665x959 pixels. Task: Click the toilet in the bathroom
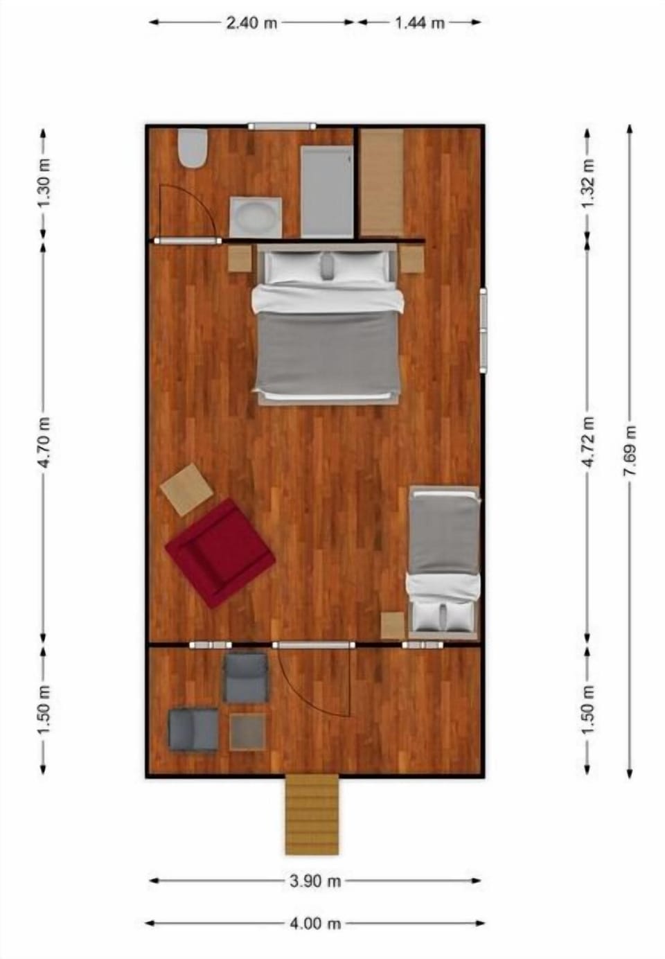tap(193, 148)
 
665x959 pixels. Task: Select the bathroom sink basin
tap(256, 217)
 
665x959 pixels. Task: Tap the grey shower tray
tap(327, 191)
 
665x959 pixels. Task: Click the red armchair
tap(220, 552)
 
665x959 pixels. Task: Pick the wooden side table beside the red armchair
tap(186, 489)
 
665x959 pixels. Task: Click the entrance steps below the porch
tap(312, 813)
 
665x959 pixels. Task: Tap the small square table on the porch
tap(247, 731)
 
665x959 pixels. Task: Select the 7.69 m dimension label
tap(630, 450)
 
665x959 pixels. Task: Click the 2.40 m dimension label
tap(251, 23)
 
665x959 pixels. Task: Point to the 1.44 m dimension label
tap(419, 23)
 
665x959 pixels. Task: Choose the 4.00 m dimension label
tap(314, 923)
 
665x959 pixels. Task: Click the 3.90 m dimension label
tap(314, 881)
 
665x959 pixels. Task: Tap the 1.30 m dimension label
tap(44, 183)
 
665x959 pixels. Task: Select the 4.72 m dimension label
tap(589, 441)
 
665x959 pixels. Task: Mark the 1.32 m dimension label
tap(589, 183)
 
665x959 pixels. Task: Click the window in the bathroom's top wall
tap(282, 126)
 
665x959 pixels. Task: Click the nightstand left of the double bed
tap(240, 258)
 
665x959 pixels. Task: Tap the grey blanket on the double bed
tap(328, 353)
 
